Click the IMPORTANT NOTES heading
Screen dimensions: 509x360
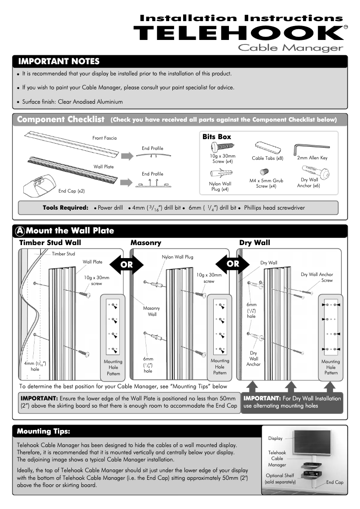[58, 61]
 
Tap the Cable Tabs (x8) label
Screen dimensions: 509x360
[268, 158]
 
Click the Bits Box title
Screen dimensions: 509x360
[217, 137]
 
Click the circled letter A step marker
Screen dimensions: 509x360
[20, 231]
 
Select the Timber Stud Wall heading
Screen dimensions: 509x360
[50, 243]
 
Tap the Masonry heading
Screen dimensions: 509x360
[146, 243]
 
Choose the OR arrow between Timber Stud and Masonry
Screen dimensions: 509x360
[127, 264]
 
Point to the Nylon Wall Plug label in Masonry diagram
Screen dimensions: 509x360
[177, 257]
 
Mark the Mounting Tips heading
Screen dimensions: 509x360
[44, 431]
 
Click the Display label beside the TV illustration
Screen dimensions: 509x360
[275, 438]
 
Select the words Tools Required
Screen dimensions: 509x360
[66, 208]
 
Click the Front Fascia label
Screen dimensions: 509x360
[104, 138]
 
